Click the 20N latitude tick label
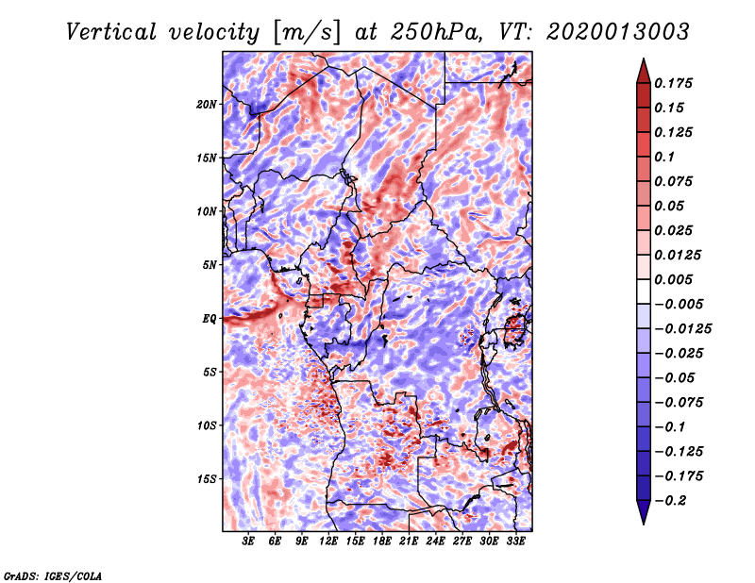[207, 104]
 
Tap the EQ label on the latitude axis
[210, 319]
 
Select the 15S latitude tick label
[207, 479]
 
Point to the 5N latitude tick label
[210, 265]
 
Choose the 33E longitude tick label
[516, 543]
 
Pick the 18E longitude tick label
[382, 543]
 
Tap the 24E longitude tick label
[436, 543]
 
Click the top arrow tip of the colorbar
[642, 60]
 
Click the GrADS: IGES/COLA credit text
[52, 575]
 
